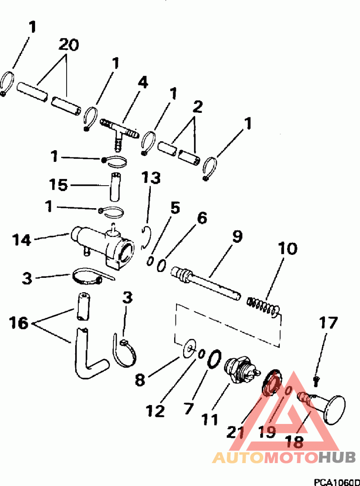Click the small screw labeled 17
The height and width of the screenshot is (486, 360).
click(x=315, y=382)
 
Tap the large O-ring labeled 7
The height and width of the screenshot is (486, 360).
click(x=214, y=359)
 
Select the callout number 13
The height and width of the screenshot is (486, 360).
click(x=151, y=178)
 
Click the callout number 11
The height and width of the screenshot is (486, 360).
click(x=209, y=419)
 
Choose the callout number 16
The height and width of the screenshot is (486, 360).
click(x=19, y=322)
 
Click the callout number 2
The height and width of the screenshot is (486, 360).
click(x=197, y=107)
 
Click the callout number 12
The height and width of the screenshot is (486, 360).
click(x=155, y=410)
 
